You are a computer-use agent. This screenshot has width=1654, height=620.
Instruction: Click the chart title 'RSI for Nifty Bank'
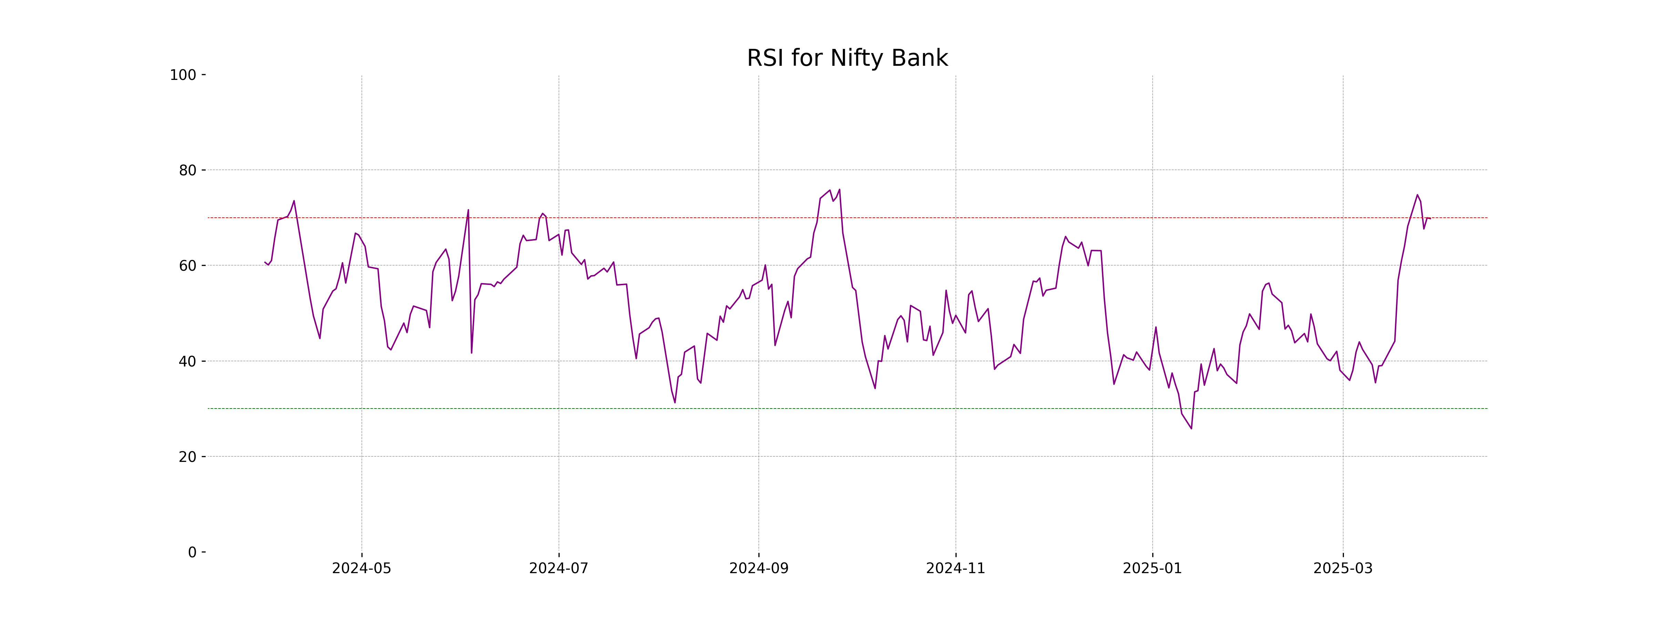847,59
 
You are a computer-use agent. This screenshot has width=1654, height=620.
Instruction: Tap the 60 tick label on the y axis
187,266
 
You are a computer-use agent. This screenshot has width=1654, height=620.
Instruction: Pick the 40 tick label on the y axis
187,361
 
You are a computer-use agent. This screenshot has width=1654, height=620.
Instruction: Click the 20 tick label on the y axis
187,457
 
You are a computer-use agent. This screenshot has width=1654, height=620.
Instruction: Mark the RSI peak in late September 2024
839,189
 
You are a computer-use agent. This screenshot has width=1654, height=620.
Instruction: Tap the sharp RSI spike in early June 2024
468,210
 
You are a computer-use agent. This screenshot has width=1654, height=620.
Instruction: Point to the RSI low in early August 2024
675,402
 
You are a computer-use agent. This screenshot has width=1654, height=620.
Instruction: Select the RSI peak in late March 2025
1417,195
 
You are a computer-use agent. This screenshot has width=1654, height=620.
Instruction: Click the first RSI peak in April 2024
294,201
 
